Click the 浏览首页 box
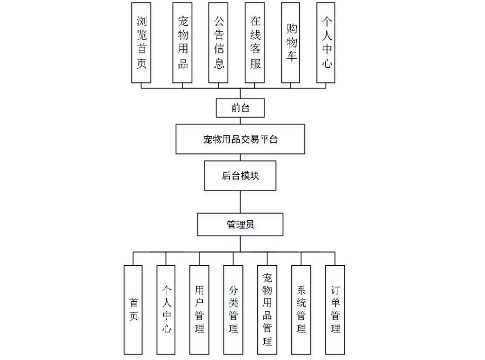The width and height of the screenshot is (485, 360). tap(141, 42)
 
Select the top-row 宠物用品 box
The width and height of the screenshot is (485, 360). tap(182, 42)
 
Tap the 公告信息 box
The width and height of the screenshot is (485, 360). tap(219, 42)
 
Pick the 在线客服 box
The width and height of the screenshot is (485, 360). tap(255, 42)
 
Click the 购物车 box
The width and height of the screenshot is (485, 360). tap(291, 42)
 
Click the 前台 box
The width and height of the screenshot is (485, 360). tap(240, 108)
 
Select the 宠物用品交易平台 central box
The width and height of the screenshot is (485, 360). tap(240, 139)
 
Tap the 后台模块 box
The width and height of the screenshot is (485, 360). tap(240, 175)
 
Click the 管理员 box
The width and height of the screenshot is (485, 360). tap(240, 225)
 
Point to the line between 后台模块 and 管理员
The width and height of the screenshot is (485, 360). tap(240, 201)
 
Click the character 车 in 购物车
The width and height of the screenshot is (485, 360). tap(291, 56)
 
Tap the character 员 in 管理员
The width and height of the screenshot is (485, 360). tap(250, 225)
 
